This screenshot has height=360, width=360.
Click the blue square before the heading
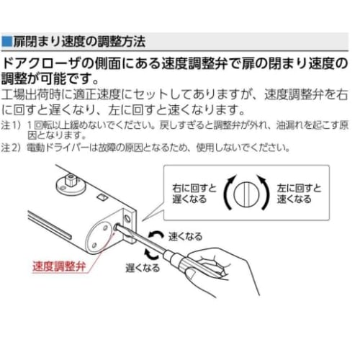pos(6,41)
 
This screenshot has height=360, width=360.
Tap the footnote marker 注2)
pos(11,149)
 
